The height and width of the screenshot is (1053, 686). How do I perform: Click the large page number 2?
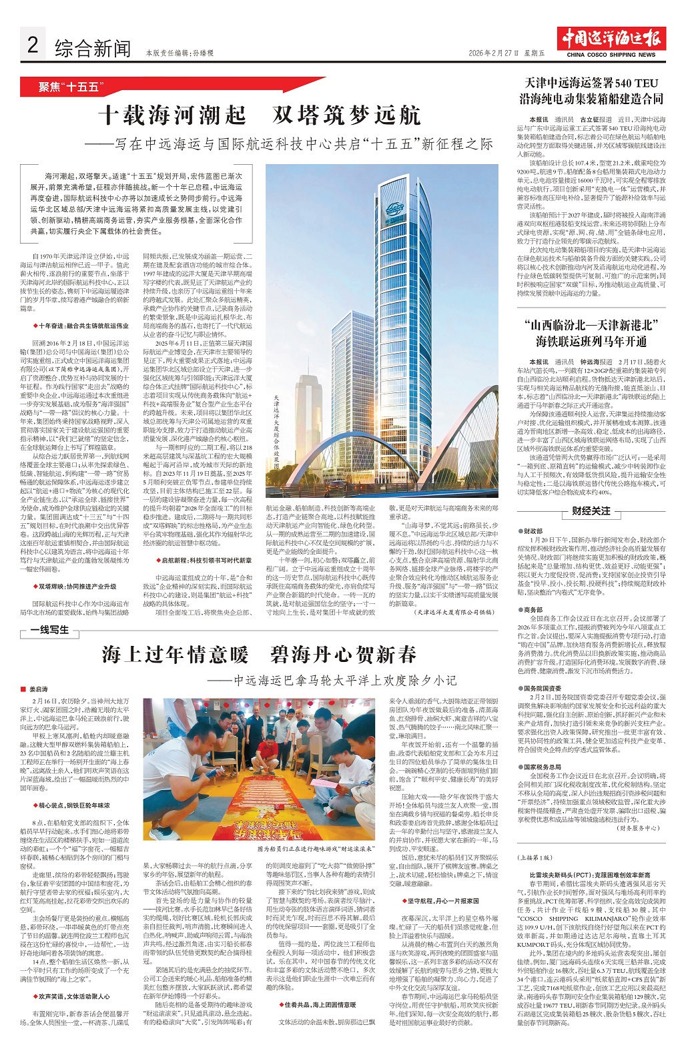(x=31, y=45)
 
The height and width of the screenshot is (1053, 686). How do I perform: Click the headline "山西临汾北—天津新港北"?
(x=591, y=325)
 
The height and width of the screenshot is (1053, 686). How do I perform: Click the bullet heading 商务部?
(x=533, y=609)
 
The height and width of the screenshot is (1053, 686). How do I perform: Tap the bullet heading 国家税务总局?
(x=542, y=767)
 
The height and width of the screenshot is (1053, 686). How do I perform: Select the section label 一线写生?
(x=49, y=629)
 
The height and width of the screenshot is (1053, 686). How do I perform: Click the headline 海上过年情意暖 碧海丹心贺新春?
(x=259, y=654)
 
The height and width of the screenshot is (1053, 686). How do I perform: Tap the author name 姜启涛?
(x=39, y=689)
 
